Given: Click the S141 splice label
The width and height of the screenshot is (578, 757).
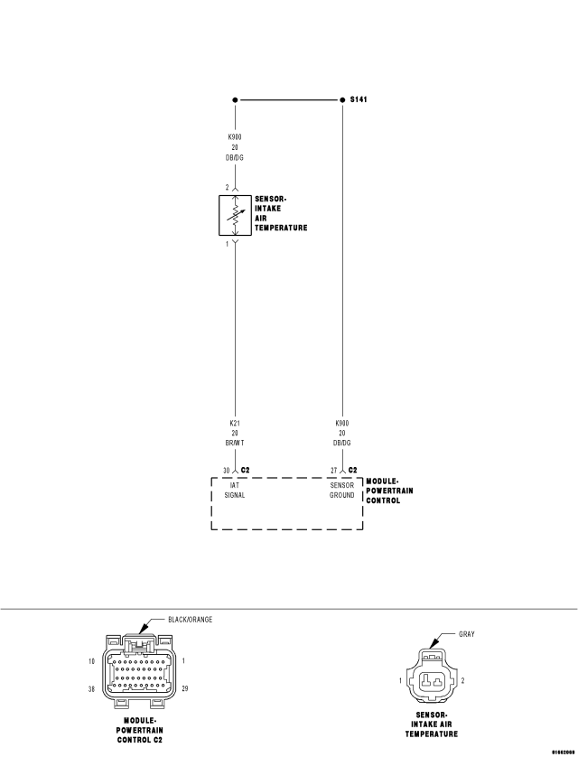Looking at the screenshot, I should point(359,99).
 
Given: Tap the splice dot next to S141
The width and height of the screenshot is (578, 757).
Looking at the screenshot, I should point(340,99).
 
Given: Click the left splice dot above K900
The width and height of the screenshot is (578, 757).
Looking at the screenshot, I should point(235,99).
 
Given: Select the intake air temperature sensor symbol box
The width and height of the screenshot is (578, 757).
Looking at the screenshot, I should point(235,214).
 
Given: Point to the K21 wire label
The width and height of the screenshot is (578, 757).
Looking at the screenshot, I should point(235,422).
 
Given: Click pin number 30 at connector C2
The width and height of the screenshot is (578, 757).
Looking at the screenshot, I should point(227,471).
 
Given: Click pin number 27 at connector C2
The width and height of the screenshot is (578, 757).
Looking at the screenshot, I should point(333,471).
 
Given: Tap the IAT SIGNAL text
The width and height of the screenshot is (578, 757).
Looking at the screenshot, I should point(235,491).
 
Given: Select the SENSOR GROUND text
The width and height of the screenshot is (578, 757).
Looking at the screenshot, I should point(341,491).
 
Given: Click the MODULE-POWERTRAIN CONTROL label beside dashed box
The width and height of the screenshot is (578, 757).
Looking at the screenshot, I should point(384,491).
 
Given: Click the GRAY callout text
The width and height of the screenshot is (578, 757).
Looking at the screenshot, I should point(466,633).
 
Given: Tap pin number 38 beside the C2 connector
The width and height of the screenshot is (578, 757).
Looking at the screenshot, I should point(93,689).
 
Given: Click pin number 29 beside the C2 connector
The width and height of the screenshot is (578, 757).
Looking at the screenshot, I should point(185,689).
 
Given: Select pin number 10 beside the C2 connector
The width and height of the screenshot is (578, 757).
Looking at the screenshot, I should point(93,661).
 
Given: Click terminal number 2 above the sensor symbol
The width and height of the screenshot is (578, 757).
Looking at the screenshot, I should point(227,187).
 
